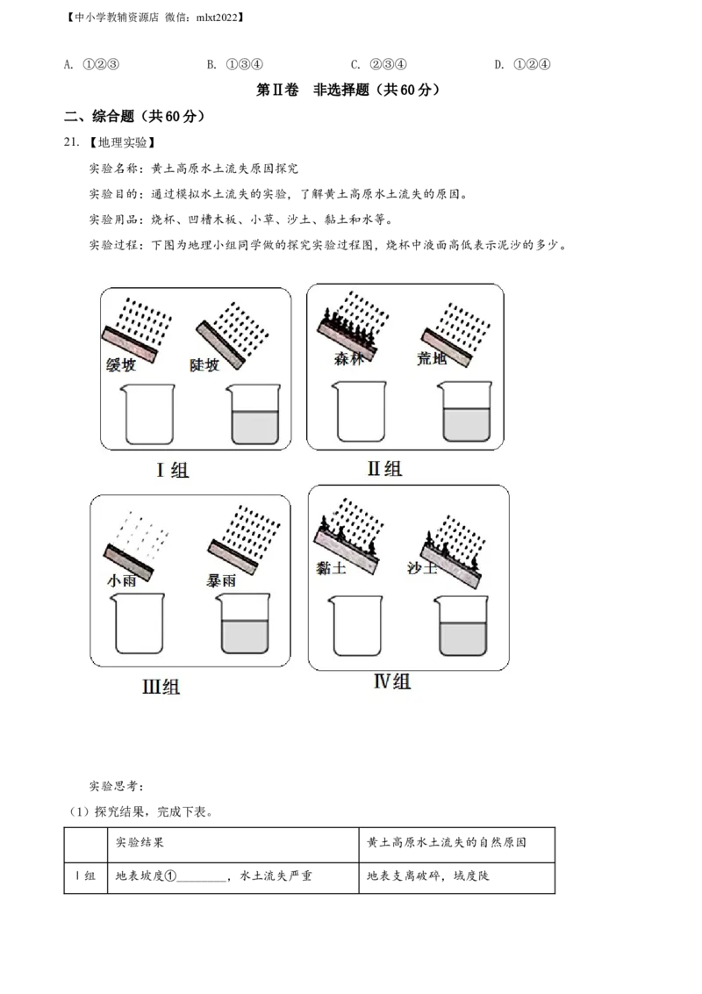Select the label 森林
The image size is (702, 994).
[347, 359]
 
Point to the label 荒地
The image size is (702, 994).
[433, 359]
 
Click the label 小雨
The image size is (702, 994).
[121, 580]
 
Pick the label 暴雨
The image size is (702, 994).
[220, 580]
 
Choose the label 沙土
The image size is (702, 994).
[422, 567]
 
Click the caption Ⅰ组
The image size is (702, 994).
[173, 470]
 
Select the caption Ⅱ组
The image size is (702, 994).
[384, 468]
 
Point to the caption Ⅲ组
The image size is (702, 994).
[161, 687]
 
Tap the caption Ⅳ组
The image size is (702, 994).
[392, 681]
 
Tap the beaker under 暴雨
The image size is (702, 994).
[243, 623]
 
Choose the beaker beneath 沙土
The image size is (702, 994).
[460, 626]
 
